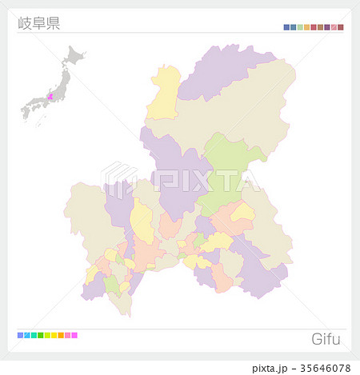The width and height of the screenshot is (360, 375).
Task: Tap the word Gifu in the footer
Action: [x=326, y=339]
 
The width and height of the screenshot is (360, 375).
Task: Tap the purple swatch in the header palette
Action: [x=327, y=27]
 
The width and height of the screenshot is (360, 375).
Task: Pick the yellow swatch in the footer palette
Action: [x=54, y=335]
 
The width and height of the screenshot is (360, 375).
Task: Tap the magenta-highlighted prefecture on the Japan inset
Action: [x=50, y=97]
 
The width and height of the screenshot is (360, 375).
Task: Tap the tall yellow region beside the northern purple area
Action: [x=166, y=92]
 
